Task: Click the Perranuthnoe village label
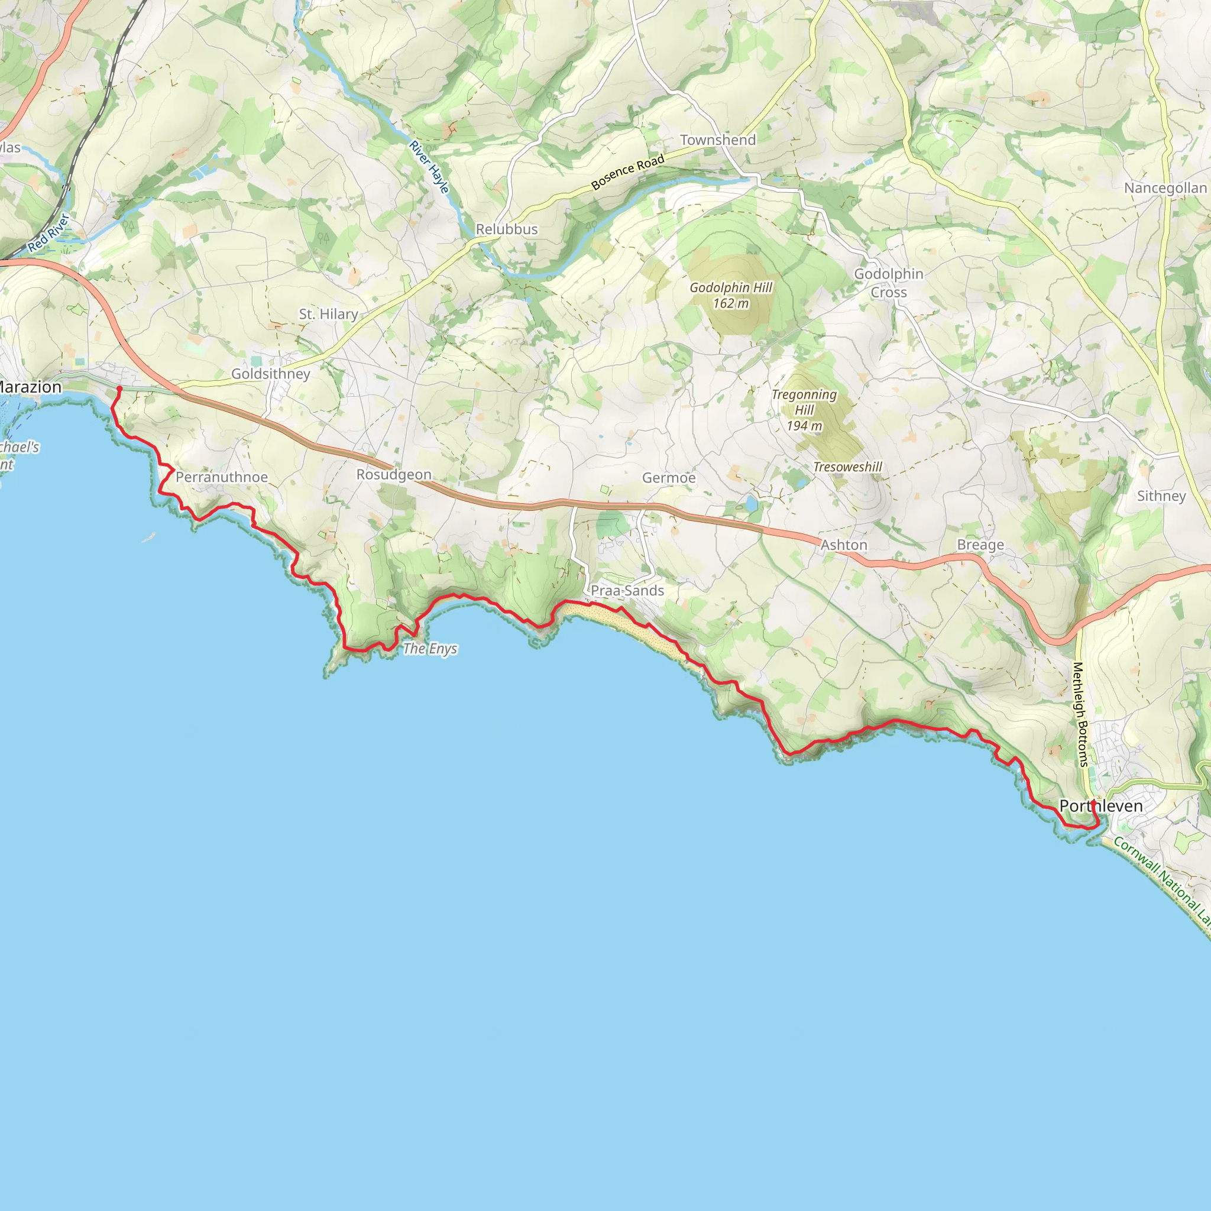pyautogui.click(x=221, y=477)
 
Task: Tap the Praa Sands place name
pyautogui.click(x=627, y=591)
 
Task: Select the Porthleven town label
pyautogui.click(x=1100, y=805)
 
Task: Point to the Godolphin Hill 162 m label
pyautogui.click(x=731, y=295)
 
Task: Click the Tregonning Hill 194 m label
pyautogui.click(x=804, y=410)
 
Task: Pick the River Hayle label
pyautogui.click(x=429, y=167)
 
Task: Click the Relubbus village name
pyautogui.click(x=507, y=229)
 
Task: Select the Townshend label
pyautogui.click(x=718, y=140)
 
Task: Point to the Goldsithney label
pyautogui.click(x=271, y=374)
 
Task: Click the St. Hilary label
pyautogui.click(x=328, y=314)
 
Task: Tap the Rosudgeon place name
pyautogui.click(x=394, y=474)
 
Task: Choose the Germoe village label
pyautogui.click(x=669, y=478)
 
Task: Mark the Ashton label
pyautogui.click(x=844, y=545)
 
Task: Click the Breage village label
pyautogui.click(x=980, y=545)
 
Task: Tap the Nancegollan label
pyautogui.click(x=1165, y=188)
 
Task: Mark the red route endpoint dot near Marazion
pyautogui.click(x=119, y=388)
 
